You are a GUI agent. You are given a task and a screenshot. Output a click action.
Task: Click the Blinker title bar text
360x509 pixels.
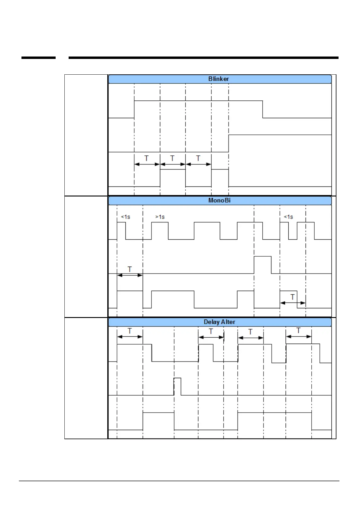pyautogui.click(x=219, y=79)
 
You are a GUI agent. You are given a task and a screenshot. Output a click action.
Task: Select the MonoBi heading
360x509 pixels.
pyautogui.click(x=219, y=200)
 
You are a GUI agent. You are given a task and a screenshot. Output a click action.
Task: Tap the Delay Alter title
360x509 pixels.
pyautogui.click(x=219, y=322)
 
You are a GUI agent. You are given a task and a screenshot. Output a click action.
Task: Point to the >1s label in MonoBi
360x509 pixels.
pyautogui.click(x=160, y=217)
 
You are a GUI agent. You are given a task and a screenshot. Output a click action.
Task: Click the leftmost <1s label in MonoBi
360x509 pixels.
pyautogui.click(x=125, y=217)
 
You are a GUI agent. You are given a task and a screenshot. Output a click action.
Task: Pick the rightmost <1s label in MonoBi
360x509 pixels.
pyautogui.click(x=288, y=217)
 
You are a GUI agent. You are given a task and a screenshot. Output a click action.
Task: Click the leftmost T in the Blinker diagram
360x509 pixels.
pyautogui.click(x=147, y=158)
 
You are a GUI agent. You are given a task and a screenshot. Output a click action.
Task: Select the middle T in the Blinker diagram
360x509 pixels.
pyautogui.click(x=172, y=158)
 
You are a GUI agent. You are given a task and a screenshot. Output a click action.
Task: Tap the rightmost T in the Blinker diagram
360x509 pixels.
pyautogui.click(x=198, y=158)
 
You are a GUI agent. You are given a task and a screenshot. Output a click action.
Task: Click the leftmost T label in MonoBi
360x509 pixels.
pyautogui.click(x=130, y=269)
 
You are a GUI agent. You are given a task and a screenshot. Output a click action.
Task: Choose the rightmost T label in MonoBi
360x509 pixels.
pyautogui.click(x=293, y=297)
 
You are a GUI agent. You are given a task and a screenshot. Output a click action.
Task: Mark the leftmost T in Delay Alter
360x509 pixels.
pyautogui.click(x=130, y=331)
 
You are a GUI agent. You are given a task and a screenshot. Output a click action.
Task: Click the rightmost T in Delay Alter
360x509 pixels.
pyautogui.click(x=299, y=330)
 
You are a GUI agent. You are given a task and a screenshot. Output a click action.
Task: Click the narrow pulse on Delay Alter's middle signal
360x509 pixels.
pyautogui.click(x=177, y=386)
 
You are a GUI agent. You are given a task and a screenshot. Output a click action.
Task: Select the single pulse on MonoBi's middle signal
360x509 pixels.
pyautogui.click(x=263, y=264)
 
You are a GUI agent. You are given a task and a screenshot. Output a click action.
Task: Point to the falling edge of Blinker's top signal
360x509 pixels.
pyautogui.click(x=263, y=109)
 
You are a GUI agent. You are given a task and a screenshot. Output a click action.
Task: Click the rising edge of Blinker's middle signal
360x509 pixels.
pyautogui.click(x=229, y=144)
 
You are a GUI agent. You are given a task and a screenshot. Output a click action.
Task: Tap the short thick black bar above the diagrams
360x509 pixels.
pyautogui.click(x=38, y=57)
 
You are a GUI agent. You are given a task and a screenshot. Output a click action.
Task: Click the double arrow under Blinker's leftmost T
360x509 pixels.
pyautogui.click(x=147, y=164)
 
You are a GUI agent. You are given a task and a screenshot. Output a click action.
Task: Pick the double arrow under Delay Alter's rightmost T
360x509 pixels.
pyautogui.click(x=299, y=336)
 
